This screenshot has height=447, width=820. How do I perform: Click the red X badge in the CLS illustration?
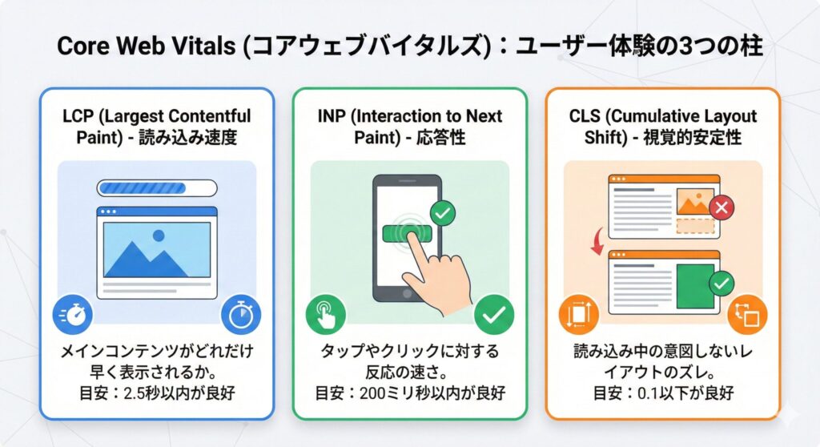[722, 207]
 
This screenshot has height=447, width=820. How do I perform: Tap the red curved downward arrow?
[597, 241]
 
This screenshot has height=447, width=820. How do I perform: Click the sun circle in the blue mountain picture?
[159, 236]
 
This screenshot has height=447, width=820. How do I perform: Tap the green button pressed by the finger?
[408, 233]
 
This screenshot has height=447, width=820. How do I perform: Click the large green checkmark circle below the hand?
[493, 315]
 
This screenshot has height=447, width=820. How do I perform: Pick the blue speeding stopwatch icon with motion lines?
[73, 315]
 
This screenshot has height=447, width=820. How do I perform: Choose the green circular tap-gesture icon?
[326, 315]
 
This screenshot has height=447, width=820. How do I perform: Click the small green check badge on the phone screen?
[442, 214]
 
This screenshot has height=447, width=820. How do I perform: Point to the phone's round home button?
[407, 294]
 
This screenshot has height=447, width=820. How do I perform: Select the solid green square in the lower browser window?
[695, 286]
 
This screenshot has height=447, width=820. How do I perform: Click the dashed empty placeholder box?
[695, 226]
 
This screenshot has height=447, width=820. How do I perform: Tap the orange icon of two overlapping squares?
[747, 315]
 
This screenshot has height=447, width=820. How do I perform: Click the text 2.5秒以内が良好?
[179, 393]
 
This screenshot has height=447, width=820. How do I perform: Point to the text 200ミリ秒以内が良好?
[432, 393]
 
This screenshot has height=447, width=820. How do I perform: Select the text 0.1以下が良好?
[685, 393]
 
